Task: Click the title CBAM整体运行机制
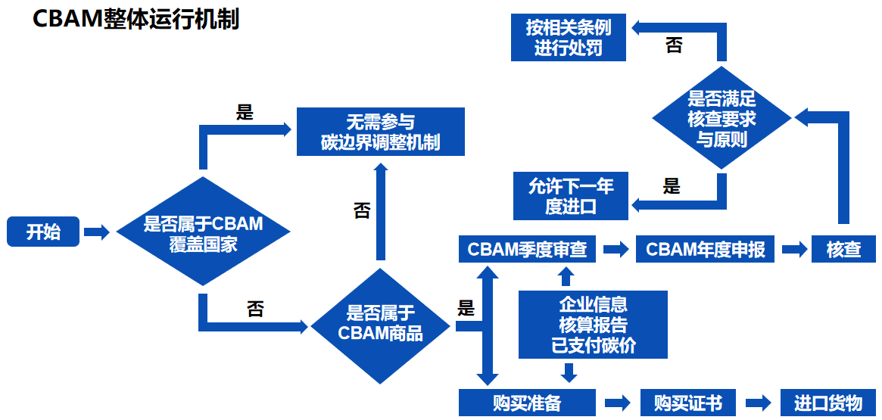(x=136, y=19)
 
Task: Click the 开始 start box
(x=43, y=232)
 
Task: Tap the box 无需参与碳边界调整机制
(x=380, y=132)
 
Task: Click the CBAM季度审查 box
(x=527, y=249)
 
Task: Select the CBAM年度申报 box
(x=705, y=249)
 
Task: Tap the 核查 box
(x=843, y=249)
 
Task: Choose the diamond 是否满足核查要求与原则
(x=721, y=119)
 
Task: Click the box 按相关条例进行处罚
(x=569, y=38)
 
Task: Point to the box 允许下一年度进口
(x=570, y=195)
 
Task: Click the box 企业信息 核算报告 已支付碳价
(x=593, y=325)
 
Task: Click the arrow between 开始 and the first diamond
(x=97, y=232)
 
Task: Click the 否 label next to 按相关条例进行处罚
(x=674, y=46)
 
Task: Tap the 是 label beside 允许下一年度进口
(x=672, y=186)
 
